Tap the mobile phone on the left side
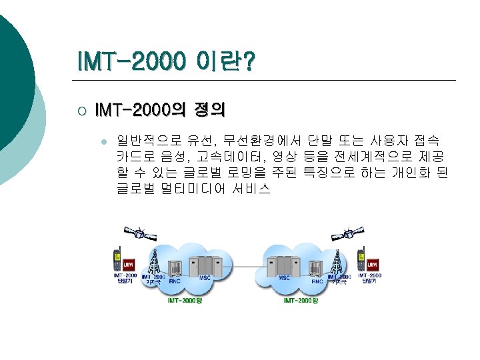tap(117, 259)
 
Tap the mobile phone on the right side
tap(361, 259)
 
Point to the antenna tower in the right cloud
tap(336, 262)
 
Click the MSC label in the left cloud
tap(205, 277)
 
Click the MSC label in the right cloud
tap(284, 277)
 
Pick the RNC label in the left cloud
tap(175, 281)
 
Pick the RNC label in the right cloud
tap(317, 281)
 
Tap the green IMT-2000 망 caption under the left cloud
tap(184, 301)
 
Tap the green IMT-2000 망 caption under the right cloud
tap(301, 301)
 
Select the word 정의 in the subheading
tap(208, 108)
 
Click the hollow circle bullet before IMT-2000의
tap(80, 109)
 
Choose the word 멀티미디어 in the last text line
tap(194, 189)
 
